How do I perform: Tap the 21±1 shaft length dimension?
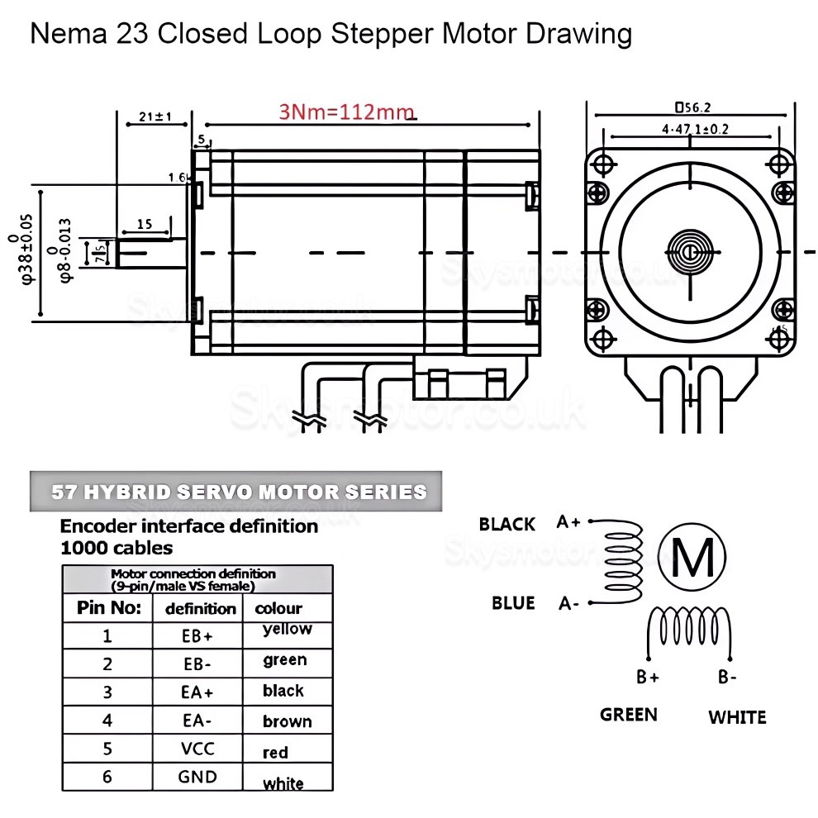click(x=155, y=117)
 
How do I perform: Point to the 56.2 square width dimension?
click(x=692, y=107)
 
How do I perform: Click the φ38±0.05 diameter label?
click(x=30, y=249)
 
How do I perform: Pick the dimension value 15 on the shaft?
click(x=144, y=224)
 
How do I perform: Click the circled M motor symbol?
click(x=693, y=559)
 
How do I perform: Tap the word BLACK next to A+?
click(x=506, y=524)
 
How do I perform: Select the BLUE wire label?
click(x=513, y=602)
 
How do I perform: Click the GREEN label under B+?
click(x=628, y=714)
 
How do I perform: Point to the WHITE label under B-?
click(x=736, y=716)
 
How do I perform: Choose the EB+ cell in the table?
click(x=198, y=636)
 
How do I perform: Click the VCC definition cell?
click(x=198, y=749)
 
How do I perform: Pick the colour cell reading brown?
click(x=287, y=721)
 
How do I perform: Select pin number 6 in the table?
click(x=107, y=777)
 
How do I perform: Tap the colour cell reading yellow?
click(x=287, y=629)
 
